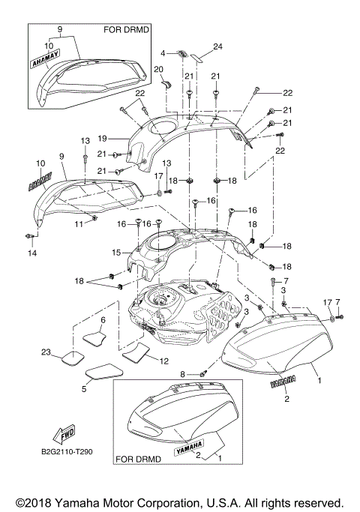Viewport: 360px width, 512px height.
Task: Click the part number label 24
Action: (x=217, y=46)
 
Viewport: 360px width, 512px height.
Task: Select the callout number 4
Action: (x=163, y=53)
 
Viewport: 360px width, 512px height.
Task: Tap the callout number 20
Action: (x=158, y=69)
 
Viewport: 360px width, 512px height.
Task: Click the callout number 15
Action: (x=116, y=252)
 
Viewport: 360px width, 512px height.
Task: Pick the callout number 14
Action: (x=32, y=253)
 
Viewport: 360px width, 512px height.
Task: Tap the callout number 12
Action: (x=163, y=361)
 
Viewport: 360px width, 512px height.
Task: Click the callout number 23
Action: (x=46, y=352)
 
